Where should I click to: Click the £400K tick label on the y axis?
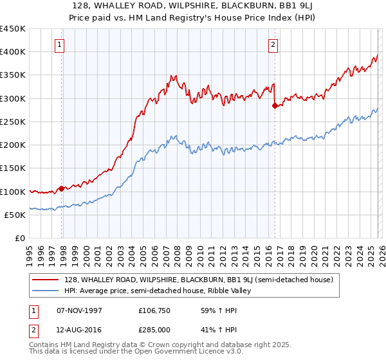pos(13,52)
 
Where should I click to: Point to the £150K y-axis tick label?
pos(13,168)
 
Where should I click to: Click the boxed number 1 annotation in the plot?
pos(59,45)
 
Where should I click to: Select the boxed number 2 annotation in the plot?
pos(273,45)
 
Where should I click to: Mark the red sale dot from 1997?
pos(62,188)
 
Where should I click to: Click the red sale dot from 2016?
pos(275,106)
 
